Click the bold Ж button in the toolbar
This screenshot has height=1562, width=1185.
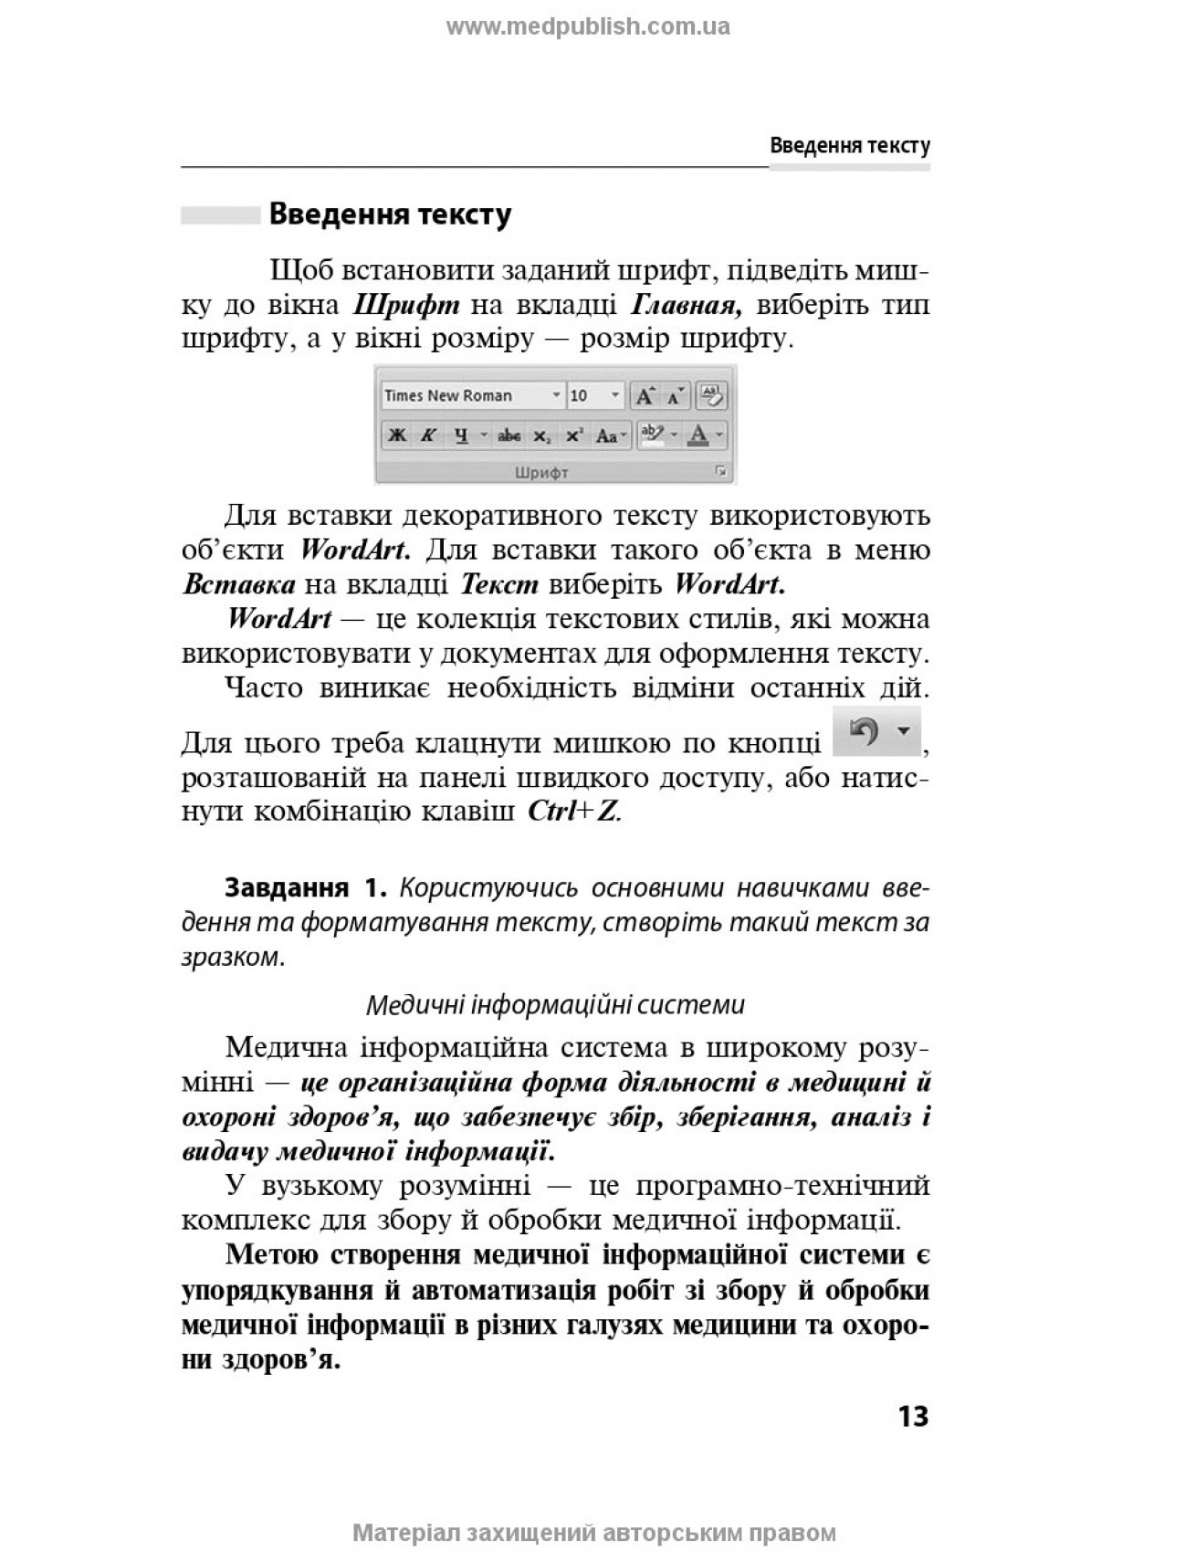pos(397,435)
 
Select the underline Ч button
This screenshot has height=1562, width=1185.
pos(461,435)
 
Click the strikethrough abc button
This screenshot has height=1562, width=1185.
pos(509,435)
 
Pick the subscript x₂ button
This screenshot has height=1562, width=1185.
pos(541,435)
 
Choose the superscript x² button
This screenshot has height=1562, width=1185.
pos(573,435)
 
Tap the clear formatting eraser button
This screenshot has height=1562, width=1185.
pos(710,395)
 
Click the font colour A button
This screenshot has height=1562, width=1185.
pos(698,435)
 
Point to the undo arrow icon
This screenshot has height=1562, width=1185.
pos(864,730)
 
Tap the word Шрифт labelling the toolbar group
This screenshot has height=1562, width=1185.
pos(541,472)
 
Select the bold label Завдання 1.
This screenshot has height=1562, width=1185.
pos(306,888)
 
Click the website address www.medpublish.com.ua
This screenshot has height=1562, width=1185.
pos(588,26)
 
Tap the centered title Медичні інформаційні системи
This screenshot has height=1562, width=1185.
pos(555,1005)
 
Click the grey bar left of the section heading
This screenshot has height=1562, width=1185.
pos(220,215)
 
